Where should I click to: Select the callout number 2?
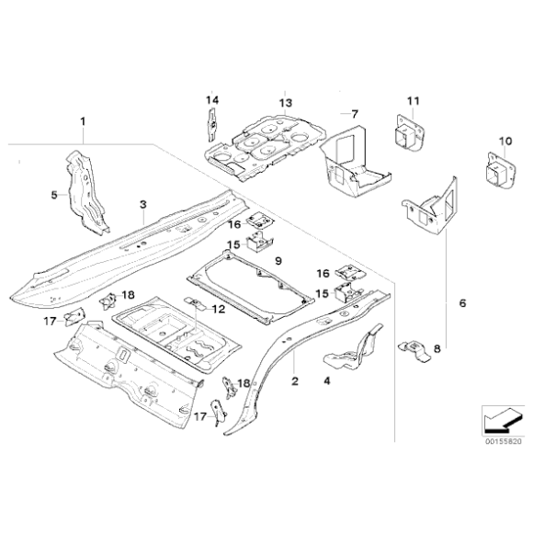[x=294, y=379]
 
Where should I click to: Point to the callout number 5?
[x=53, y=195]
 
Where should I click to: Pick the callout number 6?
[x=462, y=302]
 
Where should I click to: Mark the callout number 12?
[x=219, y=309]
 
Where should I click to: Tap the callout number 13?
[x=285, y=102]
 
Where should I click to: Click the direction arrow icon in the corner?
[x=496, y=419]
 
